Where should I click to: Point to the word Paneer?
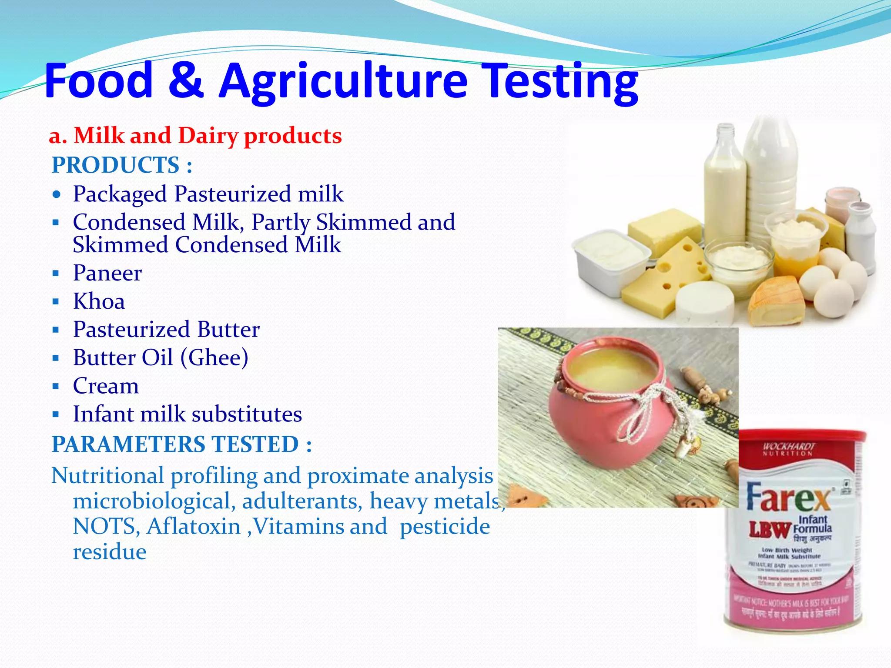pos(107,273)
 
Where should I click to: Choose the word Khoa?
pos(99,301)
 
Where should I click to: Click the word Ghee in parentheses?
pos(214,358)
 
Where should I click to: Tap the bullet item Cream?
pos(106,386)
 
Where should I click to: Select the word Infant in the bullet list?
pos(103,414)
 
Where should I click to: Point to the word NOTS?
pos(106,527)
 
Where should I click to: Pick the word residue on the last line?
pos(110,552)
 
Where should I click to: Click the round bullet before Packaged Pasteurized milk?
pos(56,194)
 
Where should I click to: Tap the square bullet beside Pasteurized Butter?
pos(55,330)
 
